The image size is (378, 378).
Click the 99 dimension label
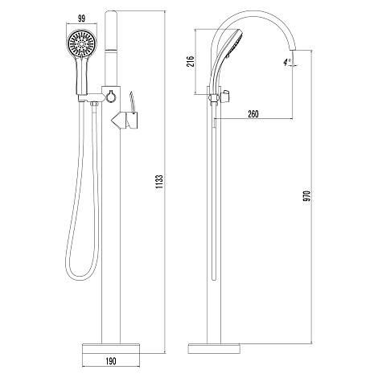pyautogui.click(x=82, y=18)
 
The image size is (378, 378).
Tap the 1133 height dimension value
pyautogui.click(x=159, y=182)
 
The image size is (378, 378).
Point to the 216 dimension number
pyautogui.click(x=190, y=62)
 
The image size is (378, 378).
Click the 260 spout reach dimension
pyautogui.click(x=253, y=114)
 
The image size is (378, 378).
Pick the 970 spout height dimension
pyautogui.click(x=307, y=196)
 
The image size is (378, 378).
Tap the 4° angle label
pyautogui.click(x=287, y=62)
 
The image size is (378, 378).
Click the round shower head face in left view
pyautogui.click(x=81, y=43)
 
